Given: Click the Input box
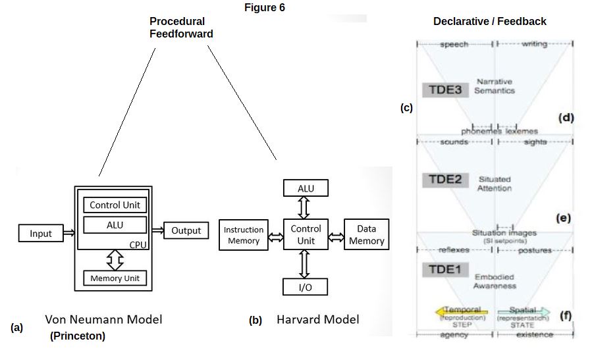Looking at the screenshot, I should (40, 233).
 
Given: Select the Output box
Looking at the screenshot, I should (186, 230).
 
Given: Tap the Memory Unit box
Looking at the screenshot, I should (115, 278).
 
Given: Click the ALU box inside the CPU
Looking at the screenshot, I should (115, 224).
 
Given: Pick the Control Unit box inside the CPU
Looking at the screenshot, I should (115, 205).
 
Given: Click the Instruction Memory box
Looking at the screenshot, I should (244, 235).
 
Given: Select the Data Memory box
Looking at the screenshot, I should (366, 235).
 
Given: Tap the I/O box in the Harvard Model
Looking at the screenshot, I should (305, 286).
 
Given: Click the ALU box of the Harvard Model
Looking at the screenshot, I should (305, 188).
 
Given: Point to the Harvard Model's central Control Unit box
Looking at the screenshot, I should (306, 235).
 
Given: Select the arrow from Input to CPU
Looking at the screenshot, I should (67, 232).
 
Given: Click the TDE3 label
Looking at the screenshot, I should (445, 90).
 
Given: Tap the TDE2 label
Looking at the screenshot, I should (445, 180).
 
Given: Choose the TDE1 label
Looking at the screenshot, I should (445, 269).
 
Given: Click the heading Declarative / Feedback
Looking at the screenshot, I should (489, 21).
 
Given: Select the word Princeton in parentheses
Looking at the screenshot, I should (77, 337).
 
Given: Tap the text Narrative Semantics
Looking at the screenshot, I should (495, 86).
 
